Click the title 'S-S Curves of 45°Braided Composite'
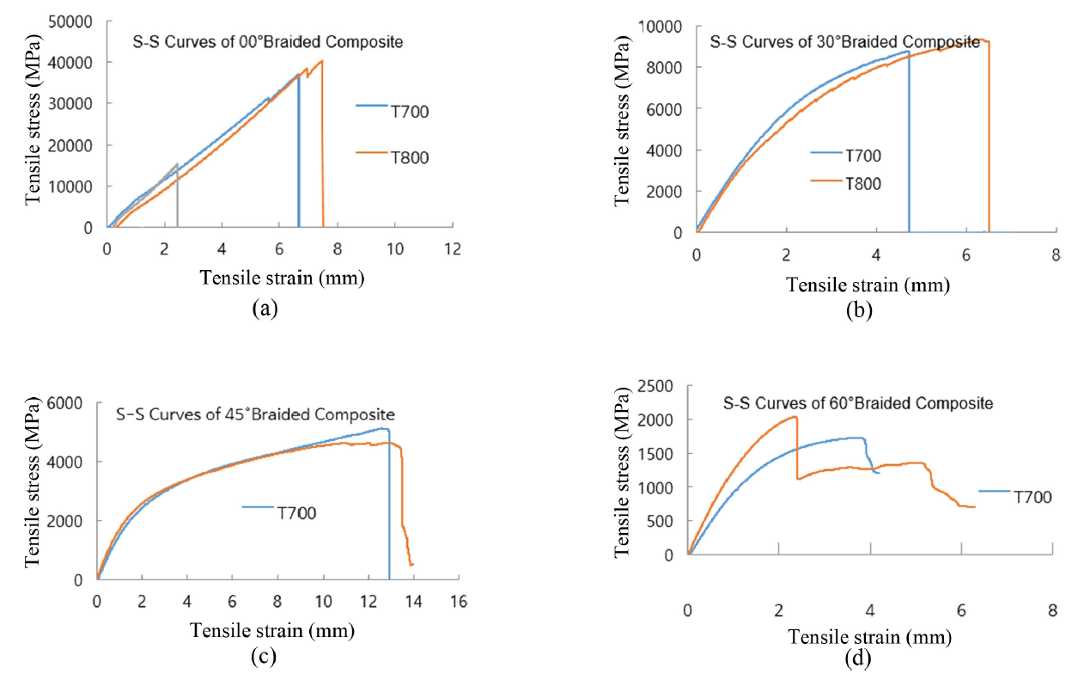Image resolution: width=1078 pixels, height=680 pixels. pos(255,414)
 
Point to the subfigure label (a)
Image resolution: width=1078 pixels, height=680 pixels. pos(263,308)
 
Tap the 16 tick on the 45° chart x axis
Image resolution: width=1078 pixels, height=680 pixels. pos(459,602)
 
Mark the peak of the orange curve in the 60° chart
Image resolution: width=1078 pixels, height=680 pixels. pos(795,417)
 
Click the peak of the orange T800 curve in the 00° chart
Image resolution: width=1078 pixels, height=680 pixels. pos(321,61)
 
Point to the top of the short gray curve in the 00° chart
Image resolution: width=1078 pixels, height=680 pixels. pos(177,163)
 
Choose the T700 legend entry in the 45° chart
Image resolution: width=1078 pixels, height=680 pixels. pos(295,513)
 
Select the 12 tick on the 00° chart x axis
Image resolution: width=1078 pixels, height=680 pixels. pos(453,249)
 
